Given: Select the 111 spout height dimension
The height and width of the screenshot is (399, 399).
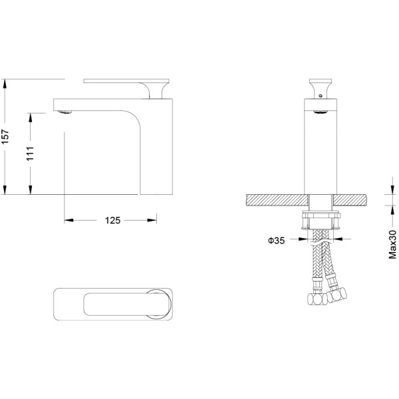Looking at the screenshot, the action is [31, 154].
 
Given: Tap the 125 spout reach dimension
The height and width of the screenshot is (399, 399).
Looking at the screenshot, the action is [113, 220].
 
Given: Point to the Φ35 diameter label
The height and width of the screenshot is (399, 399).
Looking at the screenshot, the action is [277, 241].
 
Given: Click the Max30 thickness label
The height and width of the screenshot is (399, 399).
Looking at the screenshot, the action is [392, 244].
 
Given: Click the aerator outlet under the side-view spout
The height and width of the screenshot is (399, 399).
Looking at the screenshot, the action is [65, 112].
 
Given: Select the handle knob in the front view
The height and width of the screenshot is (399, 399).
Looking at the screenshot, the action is [321, 88].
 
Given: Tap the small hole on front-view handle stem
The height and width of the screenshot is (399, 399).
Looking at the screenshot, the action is [321, 96].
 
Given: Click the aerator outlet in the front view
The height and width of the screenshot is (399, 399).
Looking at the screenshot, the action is [321, 112].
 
